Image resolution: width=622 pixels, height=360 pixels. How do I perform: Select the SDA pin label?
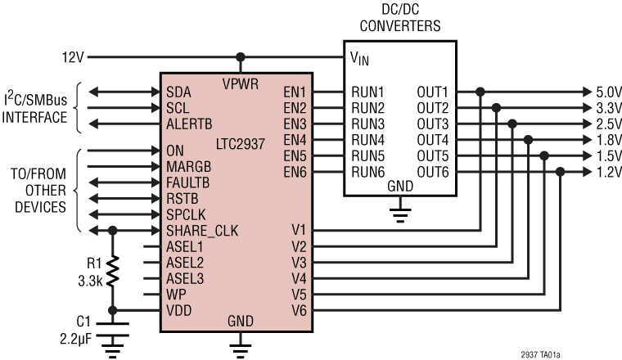(x=177, y=90)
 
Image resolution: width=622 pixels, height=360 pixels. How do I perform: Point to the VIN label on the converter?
(x=361, y=58)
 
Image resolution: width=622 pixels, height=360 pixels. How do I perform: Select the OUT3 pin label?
(x=434, y=123)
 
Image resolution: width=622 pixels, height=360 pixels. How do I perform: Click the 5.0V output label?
(x=605, y=90)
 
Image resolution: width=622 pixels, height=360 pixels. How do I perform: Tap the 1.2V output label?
(x=605, y=172)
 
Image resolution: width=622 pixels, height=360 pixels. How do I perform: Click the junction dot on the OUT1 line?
(x=481, y=90)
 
